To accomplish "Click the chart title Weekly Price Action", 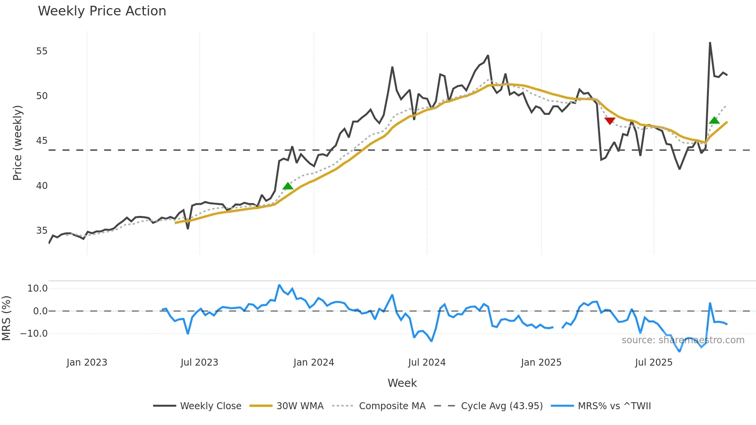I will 102,11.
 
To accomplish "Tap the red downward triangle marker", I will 610,121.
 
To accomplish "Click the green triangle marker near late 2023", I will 288,186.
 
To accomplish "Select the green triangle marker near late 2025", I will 714,120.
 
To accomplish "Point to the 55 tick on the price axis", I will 42,51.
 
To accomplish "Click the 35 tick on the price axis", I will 42,231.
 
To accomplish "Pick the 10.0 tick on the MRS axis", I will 37,288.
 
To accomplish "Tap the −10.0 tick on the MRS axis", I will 34,334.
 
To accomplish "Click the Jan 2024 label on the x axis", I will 314,363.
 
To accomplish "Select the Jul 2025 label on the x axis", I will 654,363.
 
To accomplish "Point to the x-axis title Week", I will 402,383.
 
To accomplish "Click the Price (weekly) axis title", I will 17,143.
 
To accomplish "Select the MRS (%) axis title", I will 6,318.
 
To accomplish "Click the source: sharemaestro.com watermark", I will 683,340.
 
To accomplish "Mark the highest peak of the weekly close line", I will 710,43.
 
